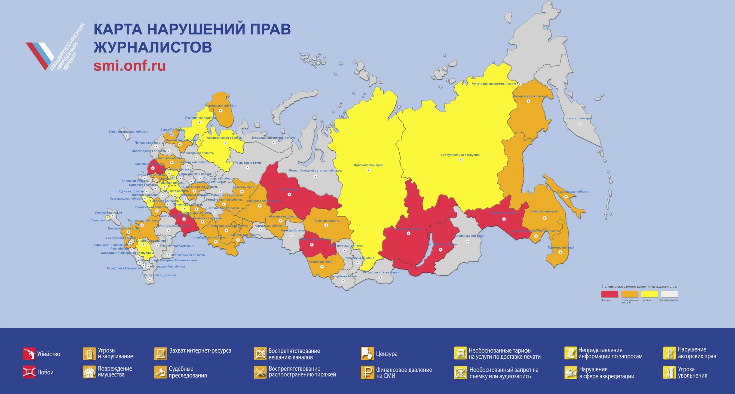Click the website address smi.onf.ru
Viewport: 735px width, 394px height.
130,66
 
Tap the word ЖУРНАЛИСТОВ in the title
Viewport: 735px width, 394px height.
153,47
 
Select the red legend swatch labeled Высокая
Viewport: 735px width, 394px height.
610,294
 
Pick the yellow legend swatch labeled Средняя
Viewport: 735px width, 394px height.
650,294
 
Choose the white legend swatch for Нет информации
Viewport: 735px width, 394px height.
669,294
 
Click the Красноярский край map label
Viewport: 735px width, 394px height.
368,165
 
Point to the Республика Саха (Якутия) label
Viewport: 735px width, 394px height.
460,155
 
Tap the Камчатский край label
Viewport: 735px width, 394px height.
579,118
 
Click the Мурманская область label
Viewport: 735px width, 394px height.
220,106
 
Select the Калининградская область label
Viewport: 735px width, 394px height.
128,132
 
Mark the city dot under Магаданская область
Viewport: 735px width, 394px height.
528,101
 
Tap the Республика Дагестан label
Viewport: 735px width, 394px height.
160,275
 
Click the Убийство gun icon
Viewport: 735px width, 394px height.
29,354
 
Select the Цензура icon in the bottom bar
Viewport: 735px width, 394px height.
367,353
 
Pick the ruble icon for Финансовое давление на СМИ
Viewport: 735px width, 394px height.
367,372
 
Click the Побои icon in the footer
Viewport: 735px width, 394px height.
29,372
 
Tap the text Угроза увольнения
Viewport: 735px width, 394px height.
692,372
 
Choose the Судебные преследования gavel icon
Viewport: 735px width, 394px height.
160,372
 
